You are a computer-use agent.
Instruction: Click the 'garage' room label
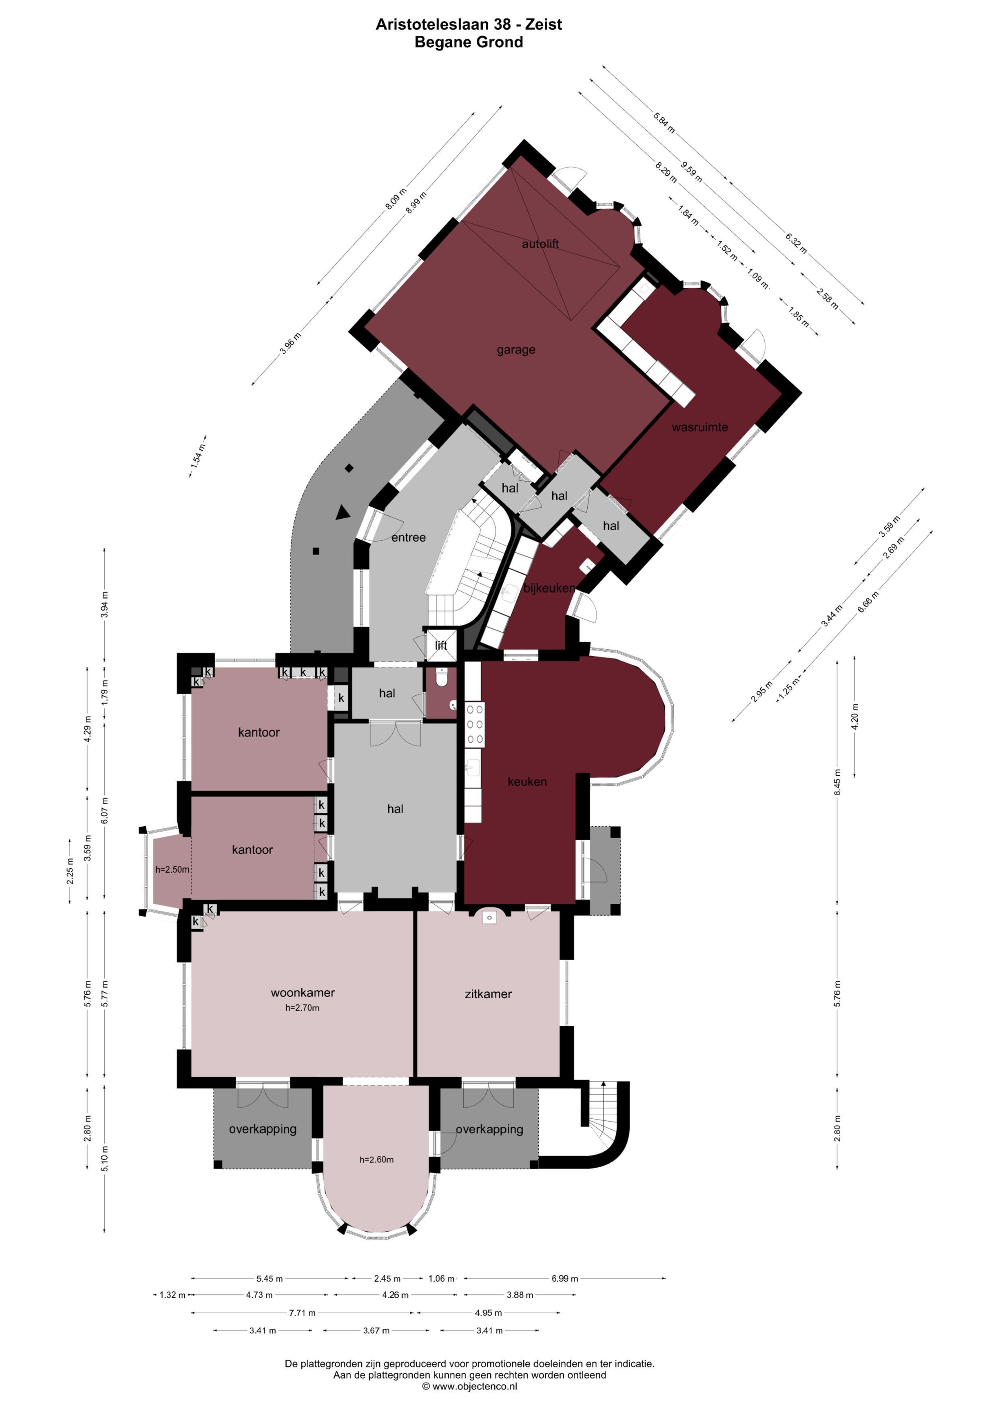(x=516, y=350)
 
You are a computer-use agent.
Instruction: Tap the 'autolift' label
(x=540, y=244)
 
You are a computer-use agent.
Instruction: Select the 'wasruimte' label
(x=700, y=427)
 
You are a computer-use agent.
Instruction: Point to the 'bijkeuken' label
(x=549, y=588)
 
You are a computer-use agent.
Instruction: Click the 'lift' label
(x=441, y=645)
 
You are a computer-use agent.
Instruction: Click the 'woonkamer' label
(x=302, y=993)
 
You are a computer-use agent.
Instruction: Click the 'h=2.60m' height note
(x=376, y=1160)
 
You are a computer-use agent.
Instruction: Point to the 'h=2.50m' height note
(x=172, y=870)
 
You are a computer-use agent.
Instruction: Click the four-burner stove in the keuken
(x=474, y=724)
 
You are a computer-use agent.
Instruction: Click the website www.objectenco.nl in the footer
(x=474, y=1387)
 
